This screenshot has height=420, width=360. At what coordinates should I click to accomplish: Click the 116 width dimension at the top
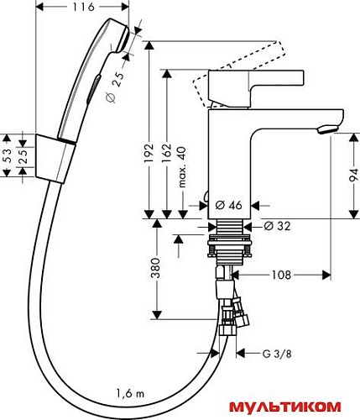pyautogui.click(x=82, y=7)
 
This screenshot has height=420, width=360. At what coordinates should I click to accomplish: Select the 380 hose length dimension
pyautogui.click(x=159, y=269)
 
